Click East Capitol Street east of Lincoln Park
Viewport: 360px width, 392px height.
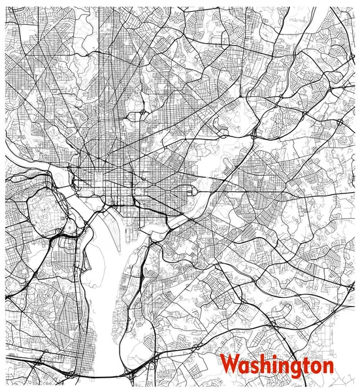pos(222,191)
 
